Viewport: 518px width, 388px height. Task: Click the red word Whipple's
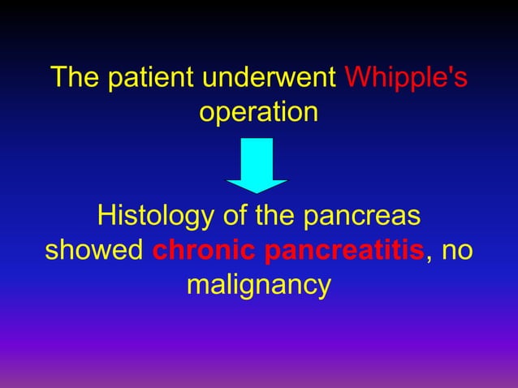tap(406, 80)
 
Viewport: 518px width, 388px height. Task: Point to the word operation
tap(259, 112)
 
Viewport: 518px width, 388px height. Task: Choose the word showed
tap(94, 250)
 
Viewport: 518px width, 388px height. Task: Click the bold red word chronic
tap(205, 250)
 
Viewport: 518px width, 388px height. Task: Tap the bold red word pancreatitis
tap(345, 252)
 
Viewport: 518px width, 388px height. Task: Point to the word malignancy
tap(259, 286)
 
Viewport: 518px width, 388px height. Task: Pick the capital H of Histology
tap(105, 218)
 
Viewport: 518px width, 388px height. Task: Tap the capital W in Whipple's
tap(357, 80)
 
